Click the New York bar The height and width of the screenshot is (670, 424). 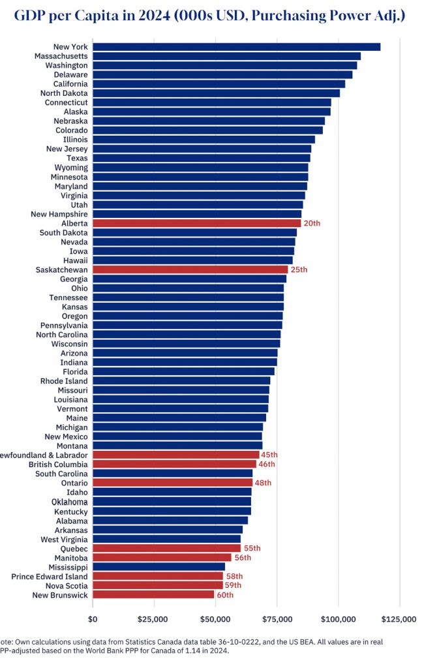(236, 47)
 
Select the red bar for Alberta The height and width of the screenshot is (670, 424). (196, 224)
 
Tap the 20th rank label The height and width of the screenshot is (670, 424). (312, 224)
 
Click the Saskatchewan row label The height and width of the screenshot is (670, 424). (61, 270)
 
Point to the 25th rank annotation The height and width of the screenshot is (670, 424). (299, 270)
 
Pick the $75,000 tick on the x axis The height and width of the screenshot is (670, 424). (277, 619)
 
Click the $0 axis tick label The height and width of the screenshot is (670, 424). (93, 619)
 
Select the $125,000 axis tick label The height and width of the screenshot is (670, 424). (399, 619)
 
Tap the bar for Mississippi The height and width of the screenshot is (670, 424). (159, 567)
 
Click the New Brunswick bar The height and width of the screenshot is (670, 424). (153, 595)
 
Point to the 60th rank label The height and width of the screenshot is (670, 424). (225, 595)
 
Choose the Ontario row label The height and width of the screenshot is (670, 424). (74, 483)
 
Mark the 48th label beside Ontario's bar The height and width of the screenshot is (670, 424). (263, 483)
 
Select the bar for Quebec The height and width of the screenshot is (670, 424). (167, 548)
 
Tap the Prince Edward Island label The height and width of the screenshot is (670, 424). (50, 577)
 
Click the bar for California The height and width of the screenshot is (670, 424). (219, 84)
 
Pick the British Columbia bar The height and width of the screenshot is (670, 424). (174, 464)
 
